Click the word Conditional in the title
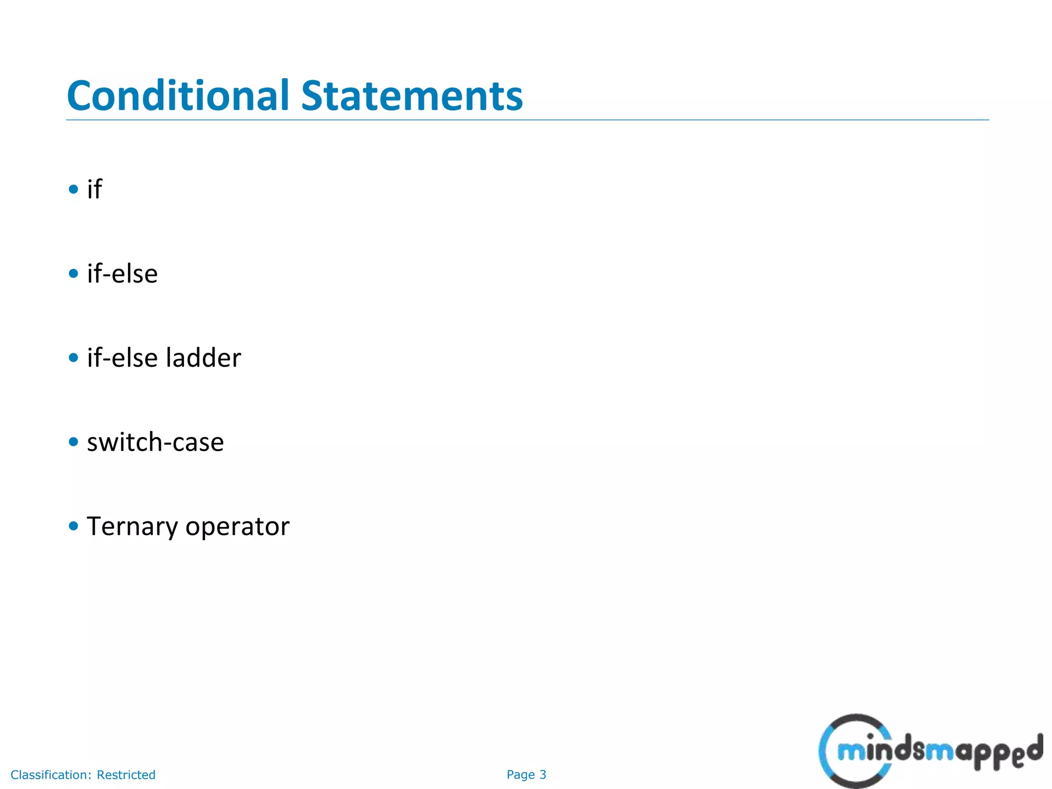pos(178,96)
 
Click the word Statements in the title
pos(412,96)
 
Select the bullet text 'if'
pos(95,189)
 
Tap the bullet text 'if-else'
pos(122,273)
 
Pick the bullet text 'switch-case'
pos(155,442)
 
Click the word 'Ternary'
pos(131,527)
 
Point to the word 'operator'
pos(237,527)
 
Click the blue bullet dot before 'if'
pos(73,189)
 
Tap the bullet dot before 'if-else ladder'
pos(73,358)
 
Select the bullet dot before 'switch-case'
pos(73,442)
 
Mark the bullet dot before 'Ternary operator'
pos(73,526)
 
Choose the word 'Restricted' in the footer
pos(126,775)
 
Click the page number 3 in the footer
pos(543,775)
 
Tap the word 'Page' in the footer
pos(520,775)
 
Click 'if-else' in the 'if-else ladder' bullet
pos(122,358)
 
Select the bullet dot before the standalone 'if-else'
pos(73,273)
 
